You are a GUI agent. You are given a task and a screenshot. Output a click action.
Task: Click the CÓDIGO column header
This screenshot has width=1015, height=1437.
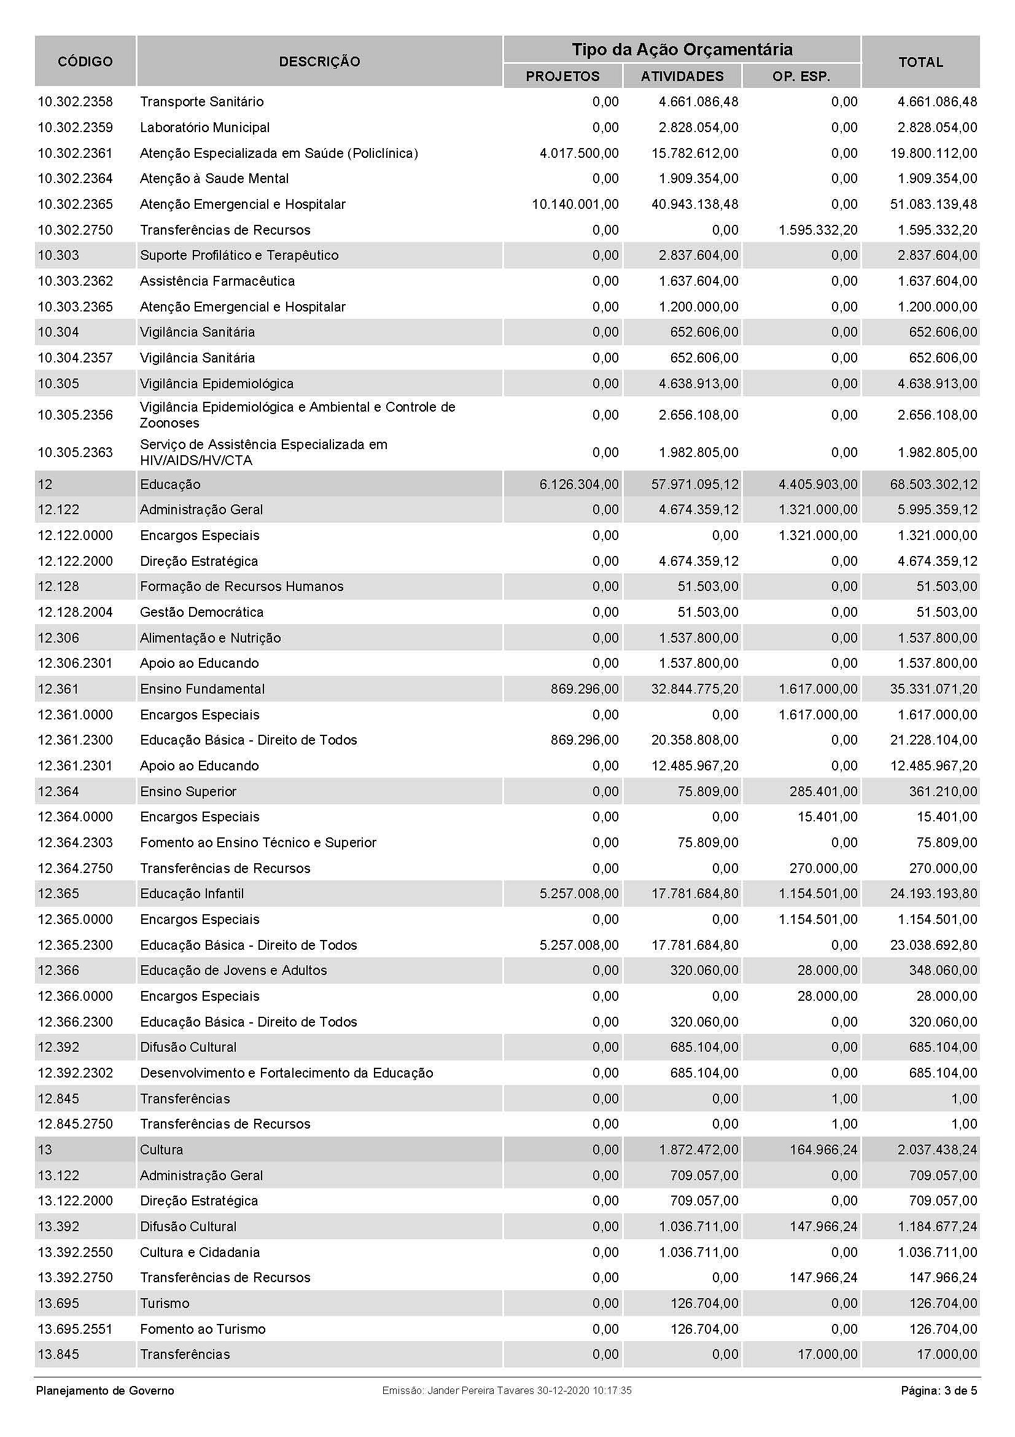[85, 61]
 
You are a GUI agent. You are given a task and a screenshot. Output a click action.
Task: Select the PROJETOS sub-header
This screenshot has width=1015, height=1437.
[562, 76]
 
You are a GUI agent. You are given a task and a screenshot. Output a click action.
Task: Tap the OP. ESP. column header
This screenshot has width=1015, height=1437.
[801, 76]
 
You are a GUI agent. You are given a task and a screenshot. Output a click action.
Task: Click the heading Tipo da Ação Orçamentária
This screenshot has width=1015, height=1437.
[682, 49]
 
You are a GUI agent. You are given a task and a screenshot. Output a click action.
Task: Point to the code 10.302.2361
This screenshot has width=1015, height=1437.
[75, 154]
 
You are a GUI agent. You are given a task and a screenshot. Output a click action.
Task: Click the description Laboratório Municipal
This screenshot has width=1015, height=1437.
[204, 128]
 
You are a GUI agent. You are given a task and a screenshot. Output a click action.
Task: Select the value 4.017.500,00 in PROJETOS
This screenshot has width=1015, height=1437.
[579, 154]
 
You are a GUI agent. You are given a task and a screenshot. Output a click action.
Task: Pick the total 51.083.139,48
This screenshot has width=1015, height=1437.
[934, 205]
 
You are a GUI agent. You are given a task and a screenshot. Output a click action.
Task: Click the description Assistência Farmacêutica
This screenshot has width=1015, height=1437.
[217, 281]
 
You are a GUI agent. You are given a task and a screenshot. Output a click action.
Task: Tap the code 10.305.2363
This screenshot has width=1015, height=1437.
[75, 453]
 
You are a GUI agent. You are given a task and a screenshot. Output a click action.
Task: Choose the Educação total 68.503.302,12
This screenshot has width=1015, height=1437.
[934, 484]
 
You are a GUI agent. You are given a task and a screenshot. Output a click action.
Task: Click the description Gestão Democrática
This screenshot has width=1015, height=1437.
[201, 612]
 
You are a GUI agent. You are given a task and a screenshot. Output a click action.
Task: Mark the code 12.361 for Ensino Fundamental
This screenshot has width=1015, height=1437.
[58, 689]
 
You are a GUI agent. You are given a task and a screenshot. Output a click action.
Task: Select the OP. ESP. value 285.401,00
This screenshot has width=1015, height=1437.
[823, 792]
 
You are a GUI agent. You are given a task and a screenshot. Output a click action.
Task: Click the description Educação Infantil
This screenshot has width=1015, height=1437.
[192, 894]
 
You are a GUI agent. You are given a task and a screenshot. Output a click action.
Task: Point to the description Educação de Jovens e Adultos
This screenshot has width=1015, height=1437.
[233, 971]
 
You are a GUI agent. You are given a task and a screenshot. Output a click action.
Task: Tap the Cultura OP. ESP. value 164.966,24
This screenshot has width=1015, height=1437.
[823, 1149]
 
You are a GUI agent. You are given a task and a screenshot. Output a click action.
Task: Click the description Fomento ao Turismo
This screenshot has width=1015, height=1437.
[203, 1329]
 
